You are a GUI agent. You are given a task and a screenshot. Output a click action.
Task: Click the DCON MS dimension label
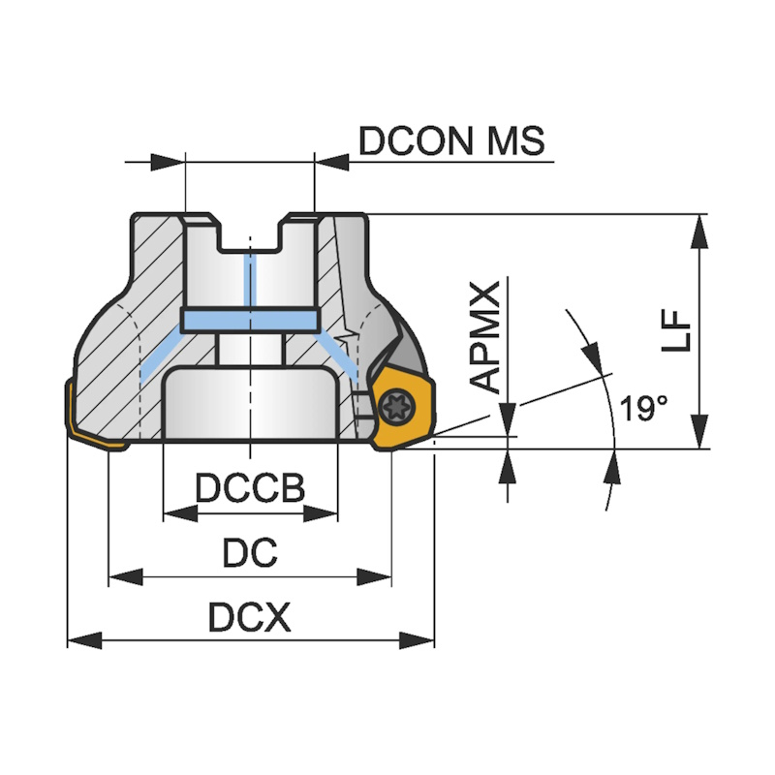[451, 141]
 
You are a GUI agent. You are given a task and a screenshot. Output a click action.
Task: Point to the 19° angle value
[644, 408]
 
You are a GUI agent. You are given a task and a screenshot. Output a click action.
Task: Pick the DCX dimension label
[250, 617]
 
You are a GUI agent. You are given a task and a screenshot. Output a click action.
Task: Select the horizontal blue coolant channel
[250, 321]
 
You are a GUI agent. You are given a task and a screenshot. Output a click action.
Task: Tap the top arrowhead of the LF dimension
[697, 226]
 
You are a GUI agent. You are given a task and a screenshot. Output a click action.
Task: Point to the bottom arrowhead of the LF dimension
[697, 437]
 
